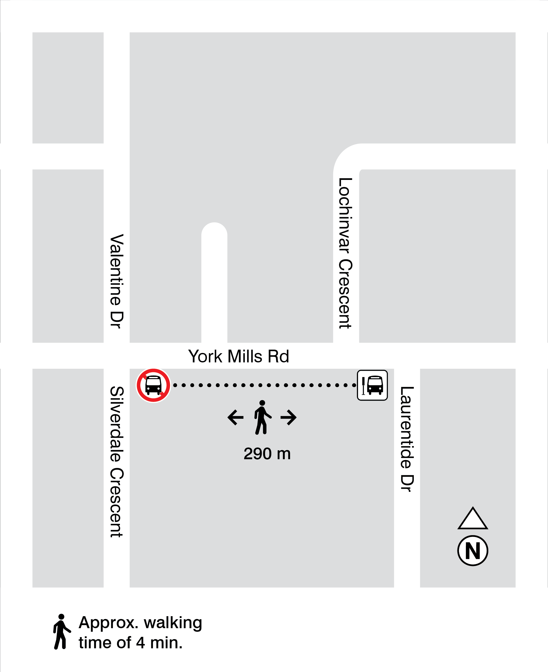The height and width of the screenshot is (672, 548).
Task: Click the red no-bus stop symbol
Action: click(153, 385)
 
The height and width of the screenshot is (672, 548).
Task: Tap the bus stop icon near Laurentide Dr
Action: click(372, 385)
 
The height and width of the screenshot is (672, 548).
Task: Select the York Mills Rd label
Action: click(238, 356)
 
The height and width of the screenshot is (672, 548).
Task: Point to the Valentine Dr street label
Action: click(117, 281)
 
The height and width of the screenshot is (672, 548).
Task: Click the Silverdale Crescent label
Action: click(117, 462)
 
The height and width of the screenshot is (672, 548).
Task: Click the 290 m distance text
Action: click(267, 454)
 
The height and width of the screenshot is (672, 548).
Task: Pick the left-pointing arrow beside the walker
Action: click(235, 417)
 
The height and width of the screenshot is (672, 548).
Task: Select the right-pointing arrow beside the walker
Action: click(288, 417)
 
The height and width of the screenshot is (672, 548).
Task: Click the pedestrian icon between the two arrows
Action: click(262, 417)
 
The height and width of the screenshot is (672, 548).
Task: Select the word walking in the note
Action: click(173, 623)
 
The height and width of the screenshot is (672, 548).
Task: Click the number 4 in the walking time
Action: click(141, 643)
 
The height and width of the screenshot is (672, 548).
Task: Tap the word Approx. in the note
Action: click(108, 623)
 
